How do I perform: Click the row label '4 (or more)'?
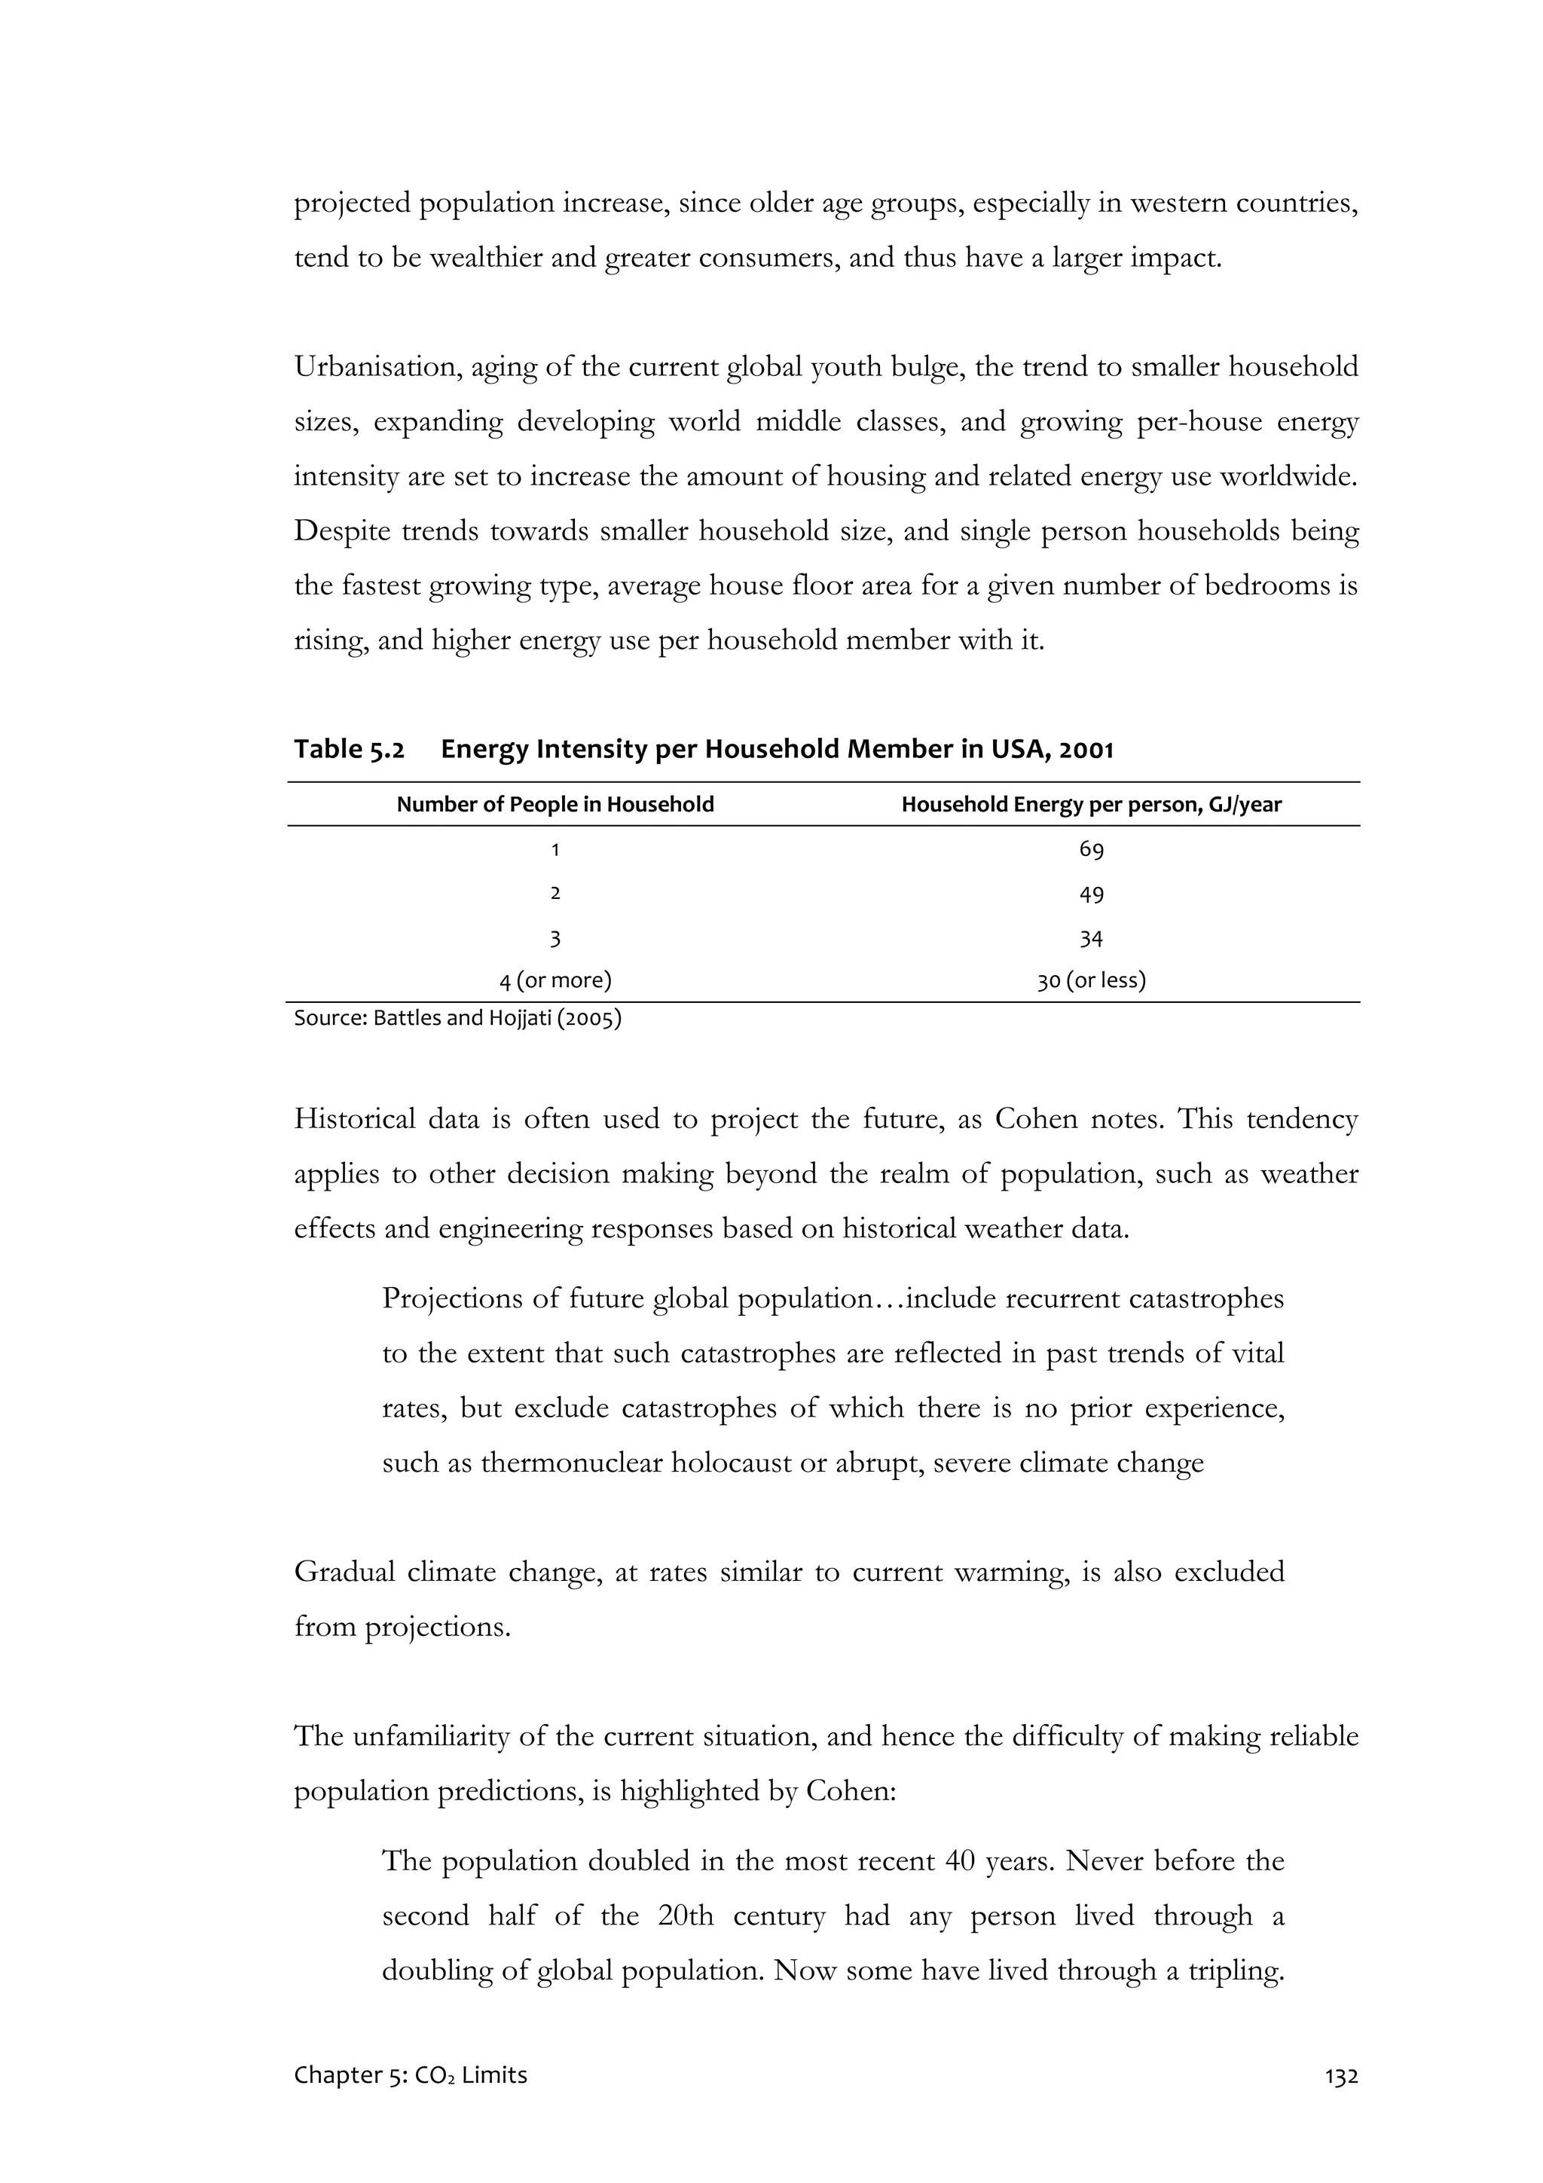(x=555, y=980)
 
